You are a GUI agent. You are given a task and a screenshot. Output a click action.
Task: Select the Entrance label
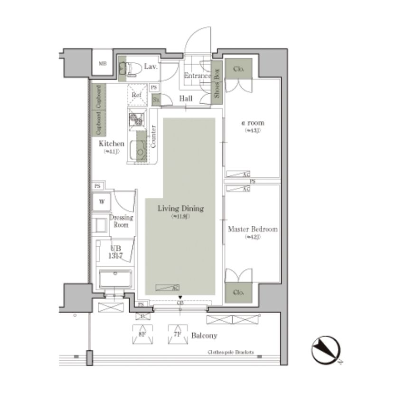coord(197,76)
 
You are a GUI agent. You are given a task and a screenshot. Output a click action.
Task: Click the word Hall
coord(185,98)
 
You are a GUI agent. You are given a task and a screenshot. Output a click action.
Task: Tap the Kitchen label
coord(111,144)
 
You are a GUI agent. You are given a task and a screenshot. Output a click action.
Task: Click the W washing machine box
coord(101,202)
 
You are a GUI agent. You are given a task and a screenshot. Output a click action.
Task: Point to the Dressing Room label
coord(121,221)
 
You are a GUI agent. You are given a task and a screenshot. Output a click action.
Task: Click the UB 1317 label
coord(116,251)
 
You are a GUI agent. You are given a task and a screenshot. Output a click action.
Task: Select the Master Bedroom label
coord(252,229)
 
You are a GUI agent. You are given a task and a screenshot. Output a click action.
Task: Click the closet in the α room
coord(239,69)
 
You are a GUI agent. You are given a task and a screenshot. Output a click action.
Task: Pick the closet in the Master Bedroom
coord(239,293)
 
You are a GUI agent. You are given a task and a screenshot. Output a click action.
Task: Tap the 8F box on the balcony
coord(142,334)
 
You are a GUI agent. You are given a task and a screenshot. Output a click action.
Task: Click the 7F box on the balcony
coord(177,334)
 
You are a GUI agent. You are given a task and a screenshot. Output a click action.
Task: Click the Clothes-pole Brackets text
coord(231,353)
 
